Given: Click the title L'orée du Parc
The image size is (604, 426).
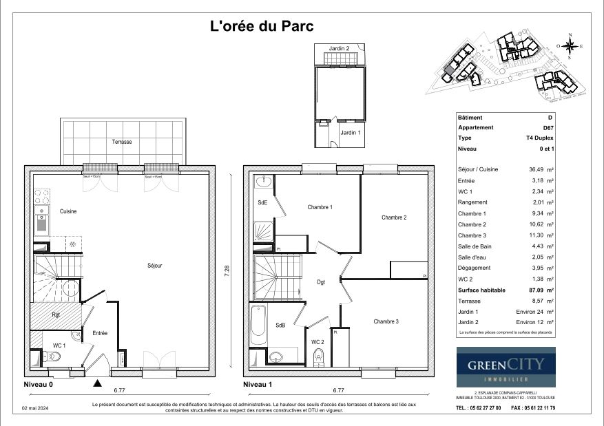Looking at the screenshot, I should coord(261,27).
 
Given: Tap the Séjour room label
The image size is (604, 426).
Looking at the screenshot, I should coord(154,266).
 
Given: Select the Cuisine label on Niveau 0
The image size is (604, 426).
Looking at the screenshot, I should coord(67,211).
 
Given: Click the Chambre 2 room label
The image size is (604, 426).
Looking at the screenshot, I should coord(394,217).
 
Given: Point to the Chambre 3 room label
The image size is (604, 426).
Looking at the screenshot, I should coord(386,321).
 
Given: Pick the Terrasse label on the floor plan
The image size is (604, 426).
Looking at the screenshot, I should coord(122,142).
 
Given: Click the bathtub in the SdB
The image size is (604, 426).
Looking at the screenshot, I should coord(259,325).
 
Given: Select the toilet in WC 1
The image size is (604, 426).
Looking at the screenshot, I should coord(52,356).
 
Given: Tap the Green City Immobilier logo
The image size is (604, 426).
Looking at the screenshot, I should coord(506,368).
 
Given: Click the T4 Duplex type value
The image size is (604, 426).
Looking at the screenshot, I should coord(539,138).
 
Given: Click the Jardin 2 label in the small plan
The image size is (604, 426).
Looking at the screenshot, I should coord(339,48).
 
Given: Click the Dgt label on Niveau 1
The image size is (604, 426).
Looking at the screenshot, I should coord(321,281).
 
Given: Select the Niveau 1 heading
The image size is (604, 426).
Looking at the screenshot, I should coord(260,384).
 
